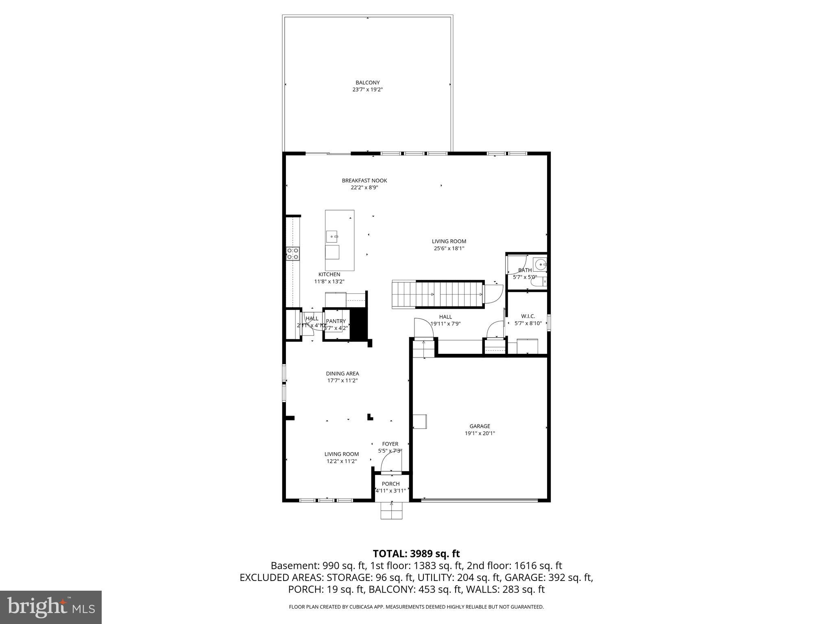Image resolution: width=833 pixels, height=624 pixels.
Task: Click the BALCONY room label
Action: click(367, 82)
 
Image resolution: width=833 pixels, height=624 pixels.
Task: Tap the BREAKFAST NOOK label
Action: click(364, 180)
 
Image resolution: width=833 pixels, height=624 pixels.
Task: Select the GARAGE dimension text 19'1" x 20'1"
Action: click(480, 433)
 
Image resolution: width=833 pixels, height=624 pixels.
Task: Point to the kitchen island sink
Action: click(332, 236)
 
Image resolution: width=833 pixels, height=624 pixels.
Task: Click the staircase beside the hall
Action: click(437, 294)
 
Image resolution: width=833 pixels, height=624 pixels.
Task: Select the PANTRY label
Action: click(336, 321)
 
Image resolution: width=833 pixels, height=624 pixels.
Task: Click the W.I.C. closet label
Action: click(528, 316)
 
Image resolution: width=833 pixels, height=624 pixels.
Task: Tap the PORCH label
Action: click(390, 483)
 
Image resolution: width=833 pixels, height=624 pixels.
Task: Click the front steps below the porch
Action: click(391, 511)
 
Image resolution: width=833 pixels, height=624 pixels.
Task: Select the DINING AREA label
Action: click(342, 373)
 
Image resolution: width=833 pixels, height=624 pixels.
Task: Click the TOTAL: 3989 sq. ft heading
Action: click(416, 553)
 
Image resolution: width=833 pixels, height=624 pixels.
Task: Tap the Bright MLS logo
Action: click(51, 607)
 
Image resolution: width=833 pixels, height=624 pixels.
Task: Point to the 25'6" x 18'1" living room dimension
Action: click(449, 248)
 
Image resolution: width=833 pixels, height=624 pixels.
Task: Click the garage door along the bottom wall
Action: click(480, 500)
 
